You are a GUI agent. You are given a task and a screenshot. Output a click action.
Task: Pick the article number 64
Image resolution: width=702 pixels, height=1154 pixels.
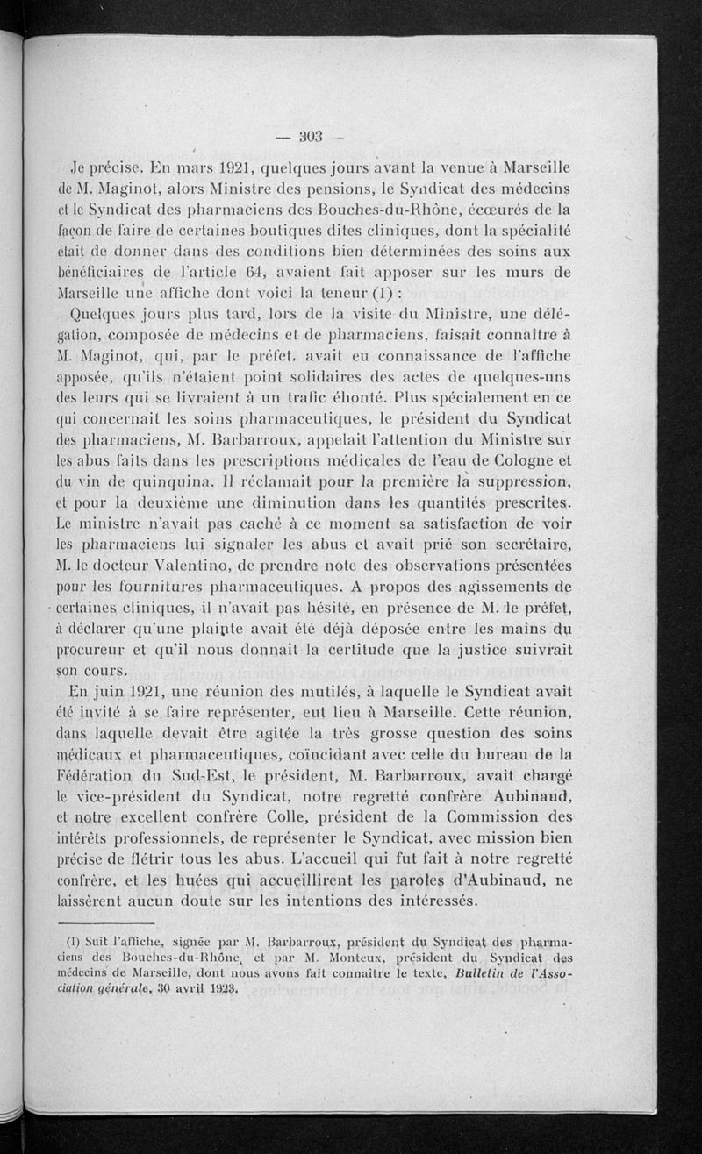258,272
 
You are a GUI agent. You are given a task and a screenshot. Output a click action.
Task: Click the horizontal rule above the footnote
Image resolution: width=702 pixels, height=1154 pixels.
106,922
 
